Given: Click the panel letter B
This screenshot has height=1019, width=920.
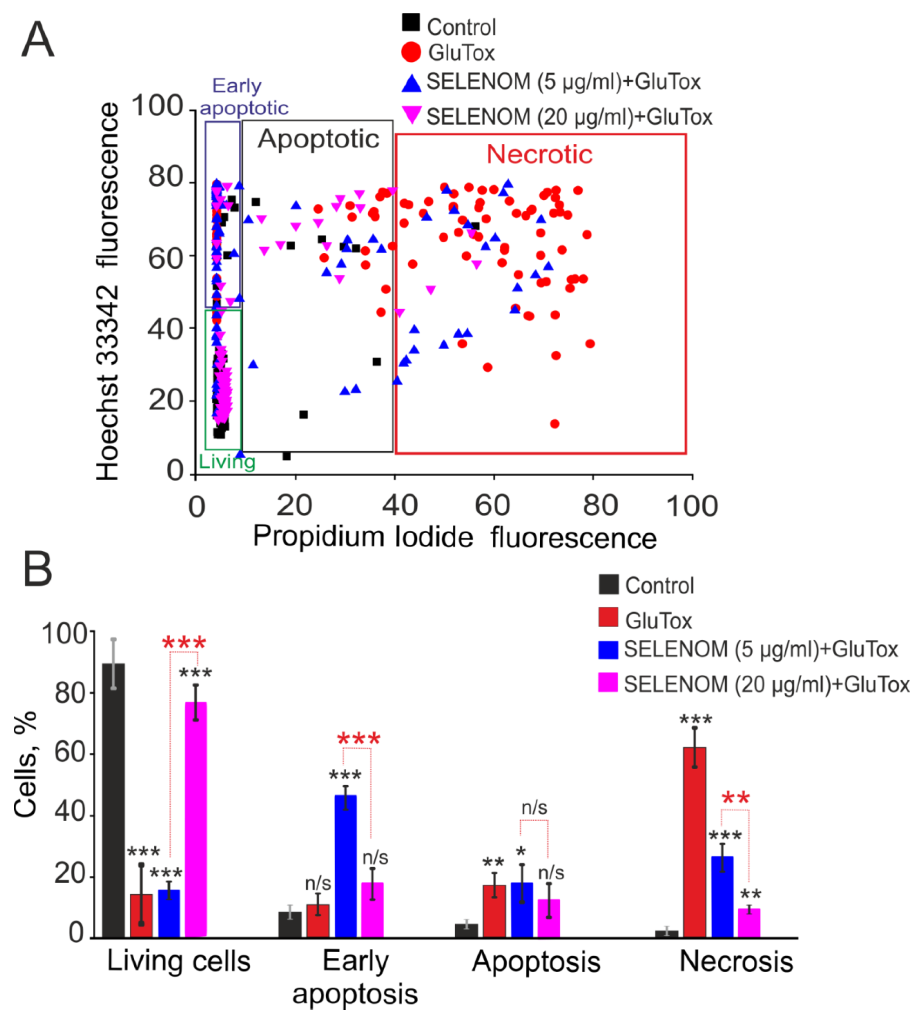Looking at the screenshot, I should (38, 569).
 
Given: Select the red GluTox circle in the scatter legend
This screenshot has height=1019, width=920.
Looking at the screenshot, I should (411, 52).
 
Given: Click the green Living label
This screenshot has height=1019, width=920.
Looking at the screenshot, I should (227, 462).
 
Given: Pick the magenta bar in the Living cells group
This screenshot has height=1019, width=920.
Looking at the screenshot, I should (196, 819).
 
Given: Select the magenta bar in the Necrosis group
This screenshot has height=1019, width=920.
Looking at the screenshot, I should (749, 922).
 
